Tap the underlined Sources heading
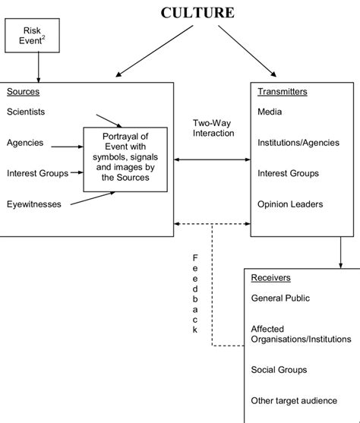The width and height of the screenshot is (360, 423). tap(23, 92)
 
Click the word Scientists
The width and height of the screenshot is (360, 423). tap(26, 112)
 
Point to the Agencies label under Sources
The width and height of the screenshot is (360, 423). tap(25, 143)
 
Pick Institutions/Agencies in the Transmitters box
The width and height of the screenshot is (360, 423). tap(294, 142)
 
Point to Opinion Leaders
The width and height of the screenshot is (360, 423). tap(289, 204)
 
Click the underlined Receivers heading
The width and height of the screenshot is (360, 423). tap(270, 278)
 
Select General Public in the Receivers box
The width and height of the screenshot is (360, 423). tap(280, 298)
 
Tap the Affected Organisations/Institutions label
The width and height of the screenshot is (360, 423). tap(301, 333)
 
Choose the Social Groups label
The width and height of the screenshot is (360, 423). tap(279, 369)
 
